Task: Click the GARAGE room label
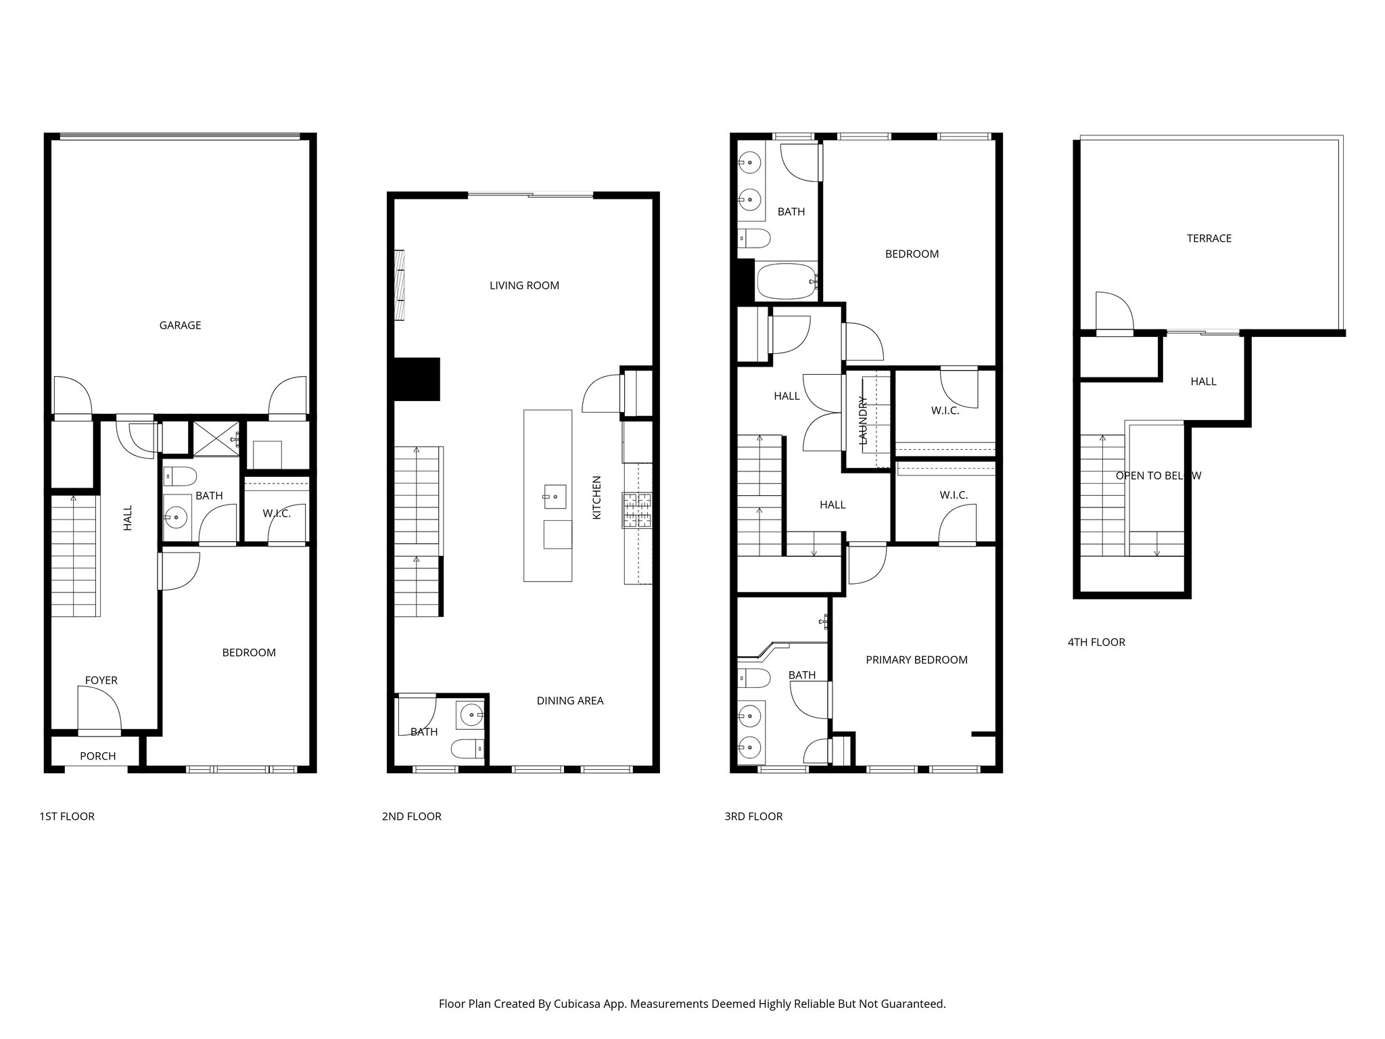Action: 180,325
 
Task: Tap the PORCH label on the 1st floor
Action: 98,756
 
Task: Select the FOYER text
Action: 101,680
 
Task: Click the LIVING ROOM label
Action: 524,285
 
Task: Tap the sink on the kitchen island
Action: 554,497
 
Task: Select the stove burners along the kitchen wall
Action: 637,511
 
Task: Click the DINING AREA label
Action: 569,701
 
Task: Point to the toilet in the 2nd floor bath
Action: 467,748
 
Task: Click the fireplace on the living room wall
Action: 400,284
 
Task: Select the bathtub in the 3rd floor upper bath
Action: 787,281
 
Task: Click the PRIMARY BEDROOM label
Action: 916,660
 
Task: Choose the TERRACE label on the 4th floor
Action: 1208,238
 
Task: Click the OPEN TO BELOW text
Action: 1158,476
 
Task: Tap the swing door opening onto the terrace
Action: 1113,313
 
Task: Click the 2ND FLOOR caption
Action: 411,816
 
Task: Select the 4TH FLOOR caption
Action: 1096,643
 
